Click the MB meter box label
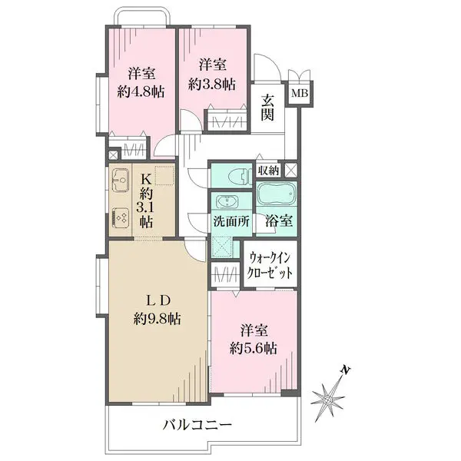[300, 94]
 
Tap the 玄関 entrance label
[267, 108]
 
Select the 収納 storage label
[268, 171]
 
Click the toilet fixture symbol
[237, 177]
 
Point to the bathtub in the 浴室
[277, 194]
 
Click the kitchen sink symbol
[121, 180]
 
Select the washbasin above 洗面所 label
[228, 202]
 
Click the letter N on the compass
[346, 370]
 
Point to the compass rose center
[327, 400]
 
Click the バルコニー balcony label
[198, 425]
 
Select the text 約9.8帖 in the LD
[158, 318]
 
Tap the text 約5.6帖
[253, 349]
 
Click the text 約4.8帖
[141, 92]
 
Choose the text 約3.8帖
[212, 85]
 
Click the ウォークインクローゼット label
[270, 265]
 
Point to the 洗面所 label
[232, 221]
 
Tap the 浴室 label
[279, 221]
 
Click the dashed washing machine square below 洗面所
[222, 247]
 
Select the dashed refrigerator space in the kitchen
[164, 174]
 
